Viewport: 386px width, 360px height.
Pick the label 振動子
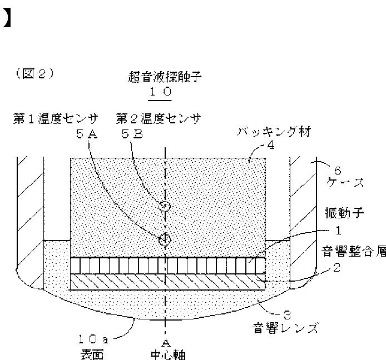[340, 213]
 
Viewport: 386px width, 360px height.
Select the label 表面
[88, 353]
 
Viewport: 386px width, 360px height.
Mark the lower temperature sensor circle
[164, 239]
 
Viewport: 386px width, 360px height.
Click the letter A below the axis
[165, 341]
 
